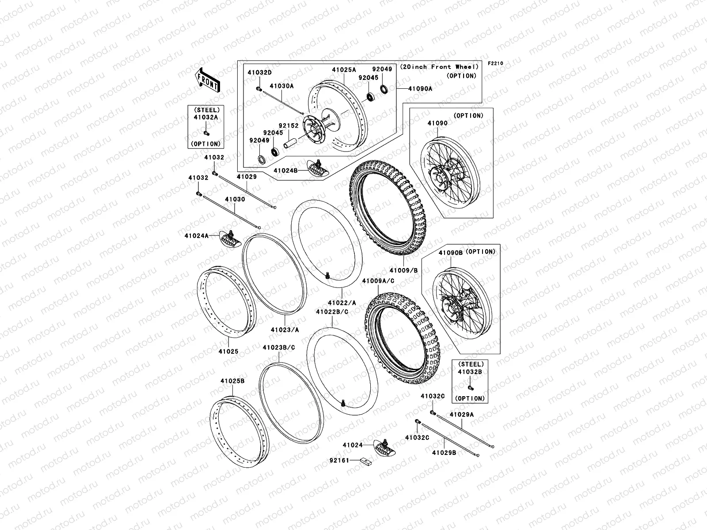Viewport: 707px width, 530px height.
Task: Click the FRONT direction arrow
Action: point(207,80)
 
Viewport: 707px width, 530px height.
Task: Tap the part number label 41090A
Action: point(420,88)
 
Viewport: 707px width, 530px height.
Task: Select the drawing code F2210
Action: point(495,64)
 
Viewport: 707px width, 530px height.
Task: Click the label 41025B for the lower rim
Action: point(232,381)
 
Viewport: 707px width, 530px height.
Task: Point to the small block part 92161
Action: point(365,461)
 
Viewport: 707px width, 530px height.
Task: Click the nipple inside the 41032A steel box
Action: point(206,133)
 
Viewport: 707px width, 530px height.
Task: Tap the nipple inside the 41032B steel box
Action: point(471,388)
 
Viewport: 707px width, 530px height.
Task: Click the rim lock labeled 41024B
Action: point(318,168)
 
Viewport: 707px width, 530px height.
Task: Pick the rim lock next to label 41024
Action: point(384,447)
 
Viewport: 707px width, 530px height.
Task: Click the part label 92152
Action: point(289,125)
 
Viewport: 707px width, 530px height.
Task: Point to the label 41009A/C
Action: point(378,281)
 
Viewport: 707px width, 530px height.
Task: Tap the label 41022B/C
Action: point(332,312)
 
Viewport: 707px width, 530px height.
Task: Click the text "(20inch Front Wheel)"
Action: point(439,67)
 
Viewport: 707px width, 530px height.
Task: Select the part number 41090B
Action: point(450,253)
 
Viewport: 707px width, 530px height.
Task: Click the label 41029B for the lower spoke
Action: point(444,453)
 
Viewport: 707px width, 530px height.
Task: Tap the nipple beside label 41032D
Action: point(259,88)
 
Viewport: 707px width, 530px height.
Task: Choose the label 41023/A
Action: point(285,330)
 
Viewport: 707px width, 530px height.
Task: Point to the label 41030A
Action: point(281,86)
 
